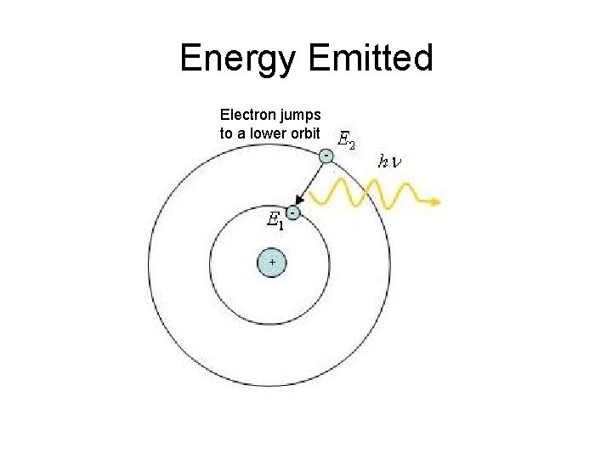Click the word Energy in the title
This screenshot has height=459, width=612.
(239, 59)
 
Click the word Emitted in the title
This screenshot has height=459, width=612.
(371, 59)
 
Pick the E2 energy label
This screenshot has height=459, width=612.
(347, 140)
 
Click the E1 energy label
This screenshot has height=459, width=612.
(274, 221)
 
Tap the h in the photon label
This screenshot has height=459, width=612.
(383, 161)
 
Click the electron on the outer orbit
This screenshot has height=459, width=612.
(326, 156)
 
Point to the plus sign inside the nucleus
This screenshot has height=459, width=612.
(272, 263)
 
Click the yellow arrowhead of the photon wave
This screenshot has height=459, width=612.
(436, 202)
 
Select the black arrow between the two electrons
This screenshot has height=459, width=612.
(310, 182)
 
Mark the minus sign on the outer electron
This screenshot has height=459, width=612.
(326, 155)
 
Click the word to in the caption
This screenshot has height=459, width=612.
(225, 133)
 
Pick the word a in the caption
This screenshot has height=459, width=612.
(241, 133)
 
